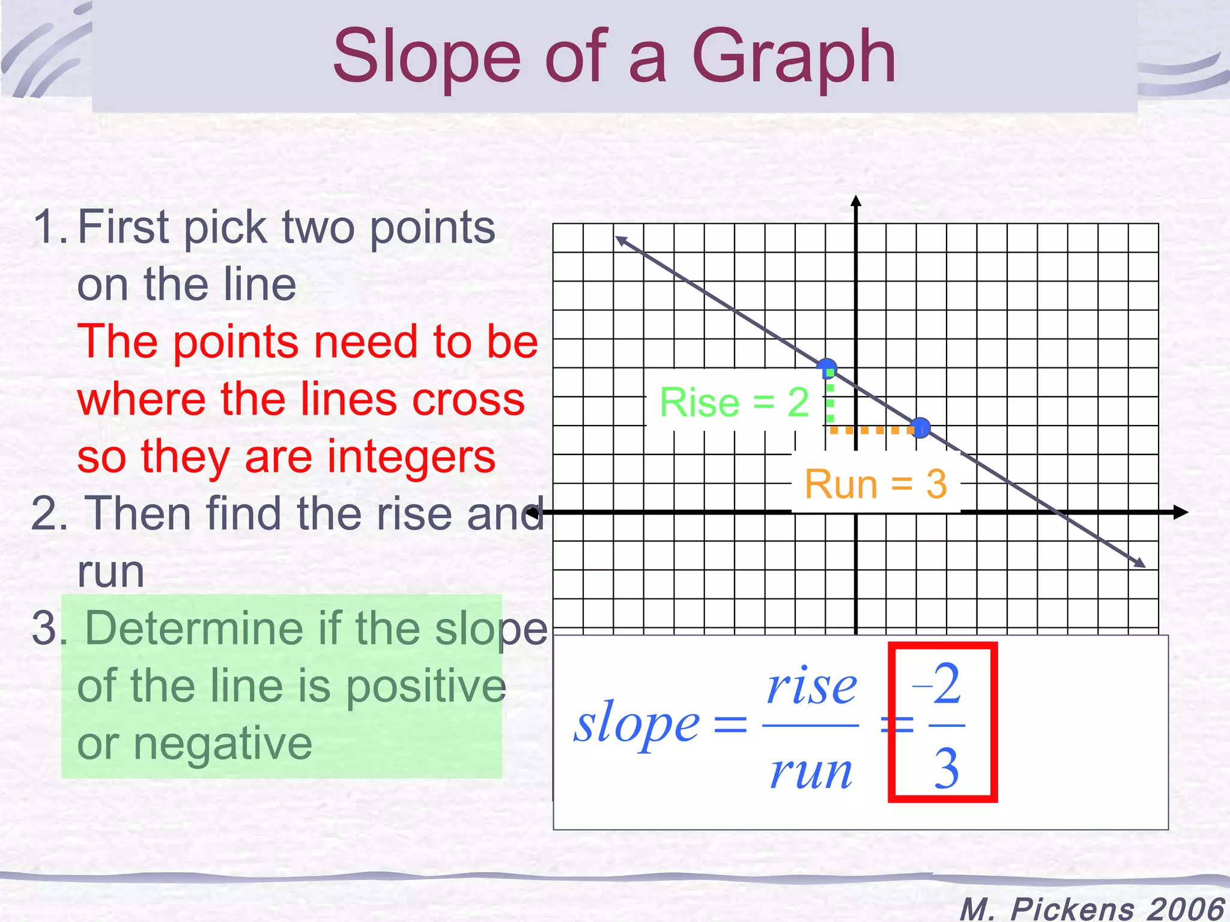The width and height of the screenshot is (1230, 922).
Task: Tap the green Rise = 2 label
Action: pos(734,402)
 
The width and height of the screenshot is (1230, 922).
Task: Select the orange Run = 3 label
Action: pos(875,484)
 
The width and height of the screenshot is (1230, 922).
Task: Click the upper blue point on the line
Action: pos(827,367)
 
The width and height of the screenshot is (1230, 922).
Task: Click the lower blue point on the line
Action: pos(919,428)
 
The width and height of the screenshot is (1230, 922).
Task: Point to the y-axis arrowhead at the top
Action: pos(856,201)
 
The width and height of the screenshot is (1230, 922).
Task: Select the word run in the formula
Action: pos(811,771)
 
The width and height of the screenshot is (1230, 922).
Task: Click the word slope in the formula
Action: pos(636,723)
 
